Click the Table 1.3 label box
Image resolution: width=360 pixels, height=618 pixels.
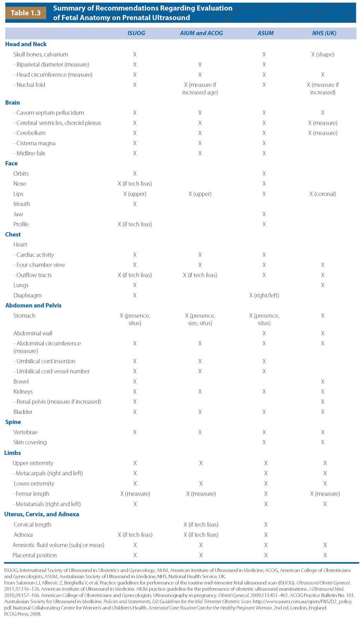(25, 13)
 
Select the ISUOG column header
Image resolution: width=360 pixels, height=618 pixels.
(136, 33)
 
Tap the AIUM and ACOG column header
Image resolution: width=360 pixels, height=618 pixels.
(201, 33)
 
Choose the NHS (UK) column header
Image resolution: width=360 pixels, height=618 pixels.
(324, 33)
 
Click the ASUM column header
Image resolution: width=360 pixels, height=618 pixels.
(265, 33)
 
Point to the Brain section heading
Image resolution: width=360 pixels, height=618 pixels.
(12, 103)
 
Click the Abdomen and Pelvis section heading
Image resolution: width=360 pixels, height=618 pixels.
(33, 306)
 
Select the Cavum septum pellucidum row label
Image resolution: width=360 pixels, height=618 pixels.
(49, 113)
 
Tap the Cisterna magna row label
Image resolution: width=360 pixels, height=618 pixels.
(34, 143)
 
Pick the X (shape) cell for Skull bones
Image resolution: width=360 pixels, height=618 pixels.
(323, 54)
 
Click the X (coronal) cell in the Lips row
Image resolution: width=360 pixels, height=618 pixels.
(323, 194)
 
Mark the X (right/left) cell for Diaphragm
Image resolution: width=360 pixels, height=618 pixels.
(264, 295)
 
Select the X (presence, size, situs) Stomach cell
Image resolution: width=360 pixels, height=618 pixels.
(200, 319)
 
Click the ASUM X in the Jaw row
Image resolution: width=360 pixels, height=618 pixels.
(264, 214)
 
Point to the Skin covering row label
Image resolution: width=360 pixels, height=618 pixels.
(30, 442)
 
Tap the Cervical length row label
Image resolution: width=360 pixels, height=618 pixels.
(32, 525)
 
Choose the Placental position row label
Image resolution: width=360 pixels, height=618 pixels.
(34, 555)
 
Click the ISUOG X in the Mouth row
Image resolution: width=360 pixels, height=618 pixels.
(134, 204)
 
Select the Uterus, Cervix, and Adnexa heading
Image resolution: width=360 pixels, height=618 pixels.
(42, 514)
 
